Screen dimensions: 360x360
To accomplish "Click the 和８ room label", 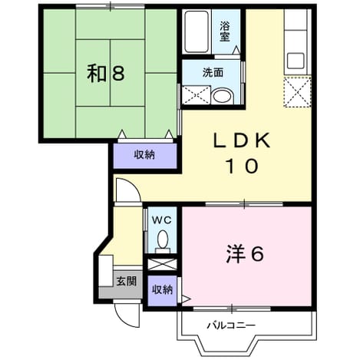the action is (106, 74).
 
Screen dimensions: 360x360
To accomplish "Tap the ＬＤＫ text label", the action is (242, 140).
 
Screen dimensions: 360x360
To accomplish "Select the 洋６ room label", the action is (245, 254).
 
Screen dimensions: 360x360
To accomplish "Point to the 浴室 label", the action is (225, 31).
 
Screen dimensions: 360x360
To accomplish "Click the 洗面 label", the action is (213, 73).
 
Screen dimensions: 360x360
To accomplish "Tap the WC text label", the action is (162, 220).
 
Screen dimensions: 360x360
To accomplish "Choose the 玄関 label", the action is (127, 281).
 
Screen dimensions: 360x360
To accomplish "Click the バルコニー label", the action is (231, 325).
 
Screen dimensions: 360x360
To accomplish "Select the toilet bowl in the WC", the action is (163, 240).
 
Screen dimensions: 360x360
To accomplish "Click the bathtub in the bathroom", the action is (197, 32).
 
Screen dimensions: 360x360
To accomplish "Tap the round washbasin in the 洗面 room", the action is (223, 96).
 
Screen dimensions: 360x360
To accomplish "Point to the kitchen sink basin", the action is (296, 61).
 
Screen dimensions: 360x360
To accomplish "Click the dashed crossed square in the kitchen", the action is (297, 91).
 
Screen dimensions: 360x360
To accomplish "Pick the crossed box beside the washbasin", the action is (196, 95).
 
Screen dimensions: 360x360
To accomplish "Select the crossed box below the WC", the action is (163, 264).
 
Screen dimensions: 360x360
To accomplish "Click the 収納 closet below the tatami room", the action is (145, 156).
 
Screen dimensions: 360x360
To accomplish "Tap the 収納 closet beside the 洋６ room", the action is (163, 290).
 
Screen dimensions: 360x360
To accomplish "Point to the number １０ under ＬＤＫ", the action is (242, 166).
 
